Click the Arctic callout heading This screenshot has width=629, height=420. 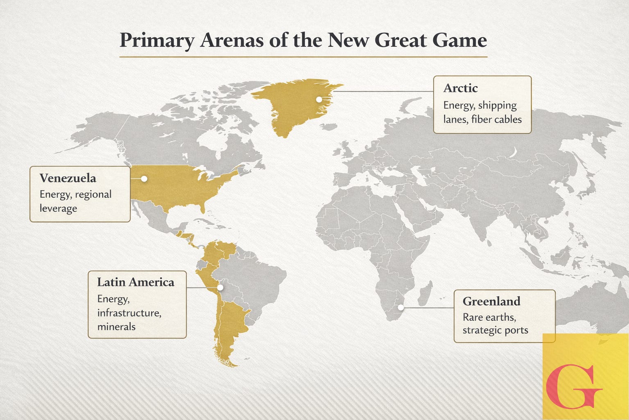[x=460, y=88]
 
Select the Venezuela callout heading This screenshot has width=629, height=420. [x=68, y=178]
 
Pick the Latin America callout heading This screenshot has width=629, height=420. [x=136, y=282]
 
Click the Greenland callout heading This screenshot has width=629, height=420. [x=491, y=301]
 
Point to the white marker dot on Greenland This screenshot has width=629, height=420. [x=319, y=99]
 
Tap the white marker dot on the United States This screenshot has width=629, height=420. [x=144, y=179]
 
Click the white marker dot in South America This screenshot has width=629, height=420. [x=220, y=288]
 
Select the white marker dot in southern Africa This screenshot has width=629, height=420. [x=401, y=307]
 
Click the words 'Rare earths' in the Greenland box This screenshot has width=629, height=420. [x=489, y=317]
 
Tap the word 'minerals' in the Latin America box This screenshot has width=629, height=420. [x=116, y=327]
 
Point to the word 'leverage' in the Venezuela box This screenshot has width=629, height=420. [x=58, y=208]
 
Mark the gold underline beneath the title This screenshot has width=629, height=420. [x=303, y=57]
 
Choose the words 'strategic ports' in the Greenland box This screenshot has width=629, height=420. [x=495, y=330]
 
